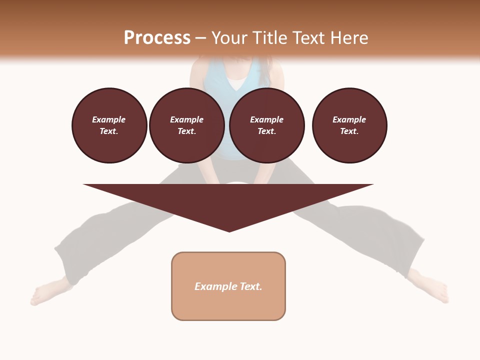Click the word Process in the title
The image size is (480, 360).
[157, 38]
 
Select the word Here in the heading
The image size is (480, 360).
[348, 38]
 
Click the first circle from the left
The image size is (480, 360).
[109, 125]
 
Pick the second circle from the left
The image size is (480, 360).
[187, 125]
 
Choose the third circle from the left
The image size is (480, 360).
[267, 125]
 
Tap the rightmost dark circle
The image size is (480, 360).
[349, 125]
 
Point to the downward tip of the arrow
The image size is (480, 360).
[229, 230]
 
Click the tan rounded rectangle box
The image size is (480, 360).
[228, 300]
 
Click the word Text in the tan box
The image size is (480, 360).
[251, 286]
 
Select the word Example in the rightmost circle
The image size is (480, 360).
[349, 119]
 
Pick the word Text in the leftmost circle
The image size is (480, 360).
[108, 131]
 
